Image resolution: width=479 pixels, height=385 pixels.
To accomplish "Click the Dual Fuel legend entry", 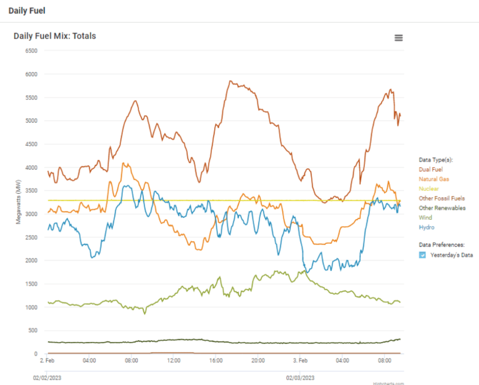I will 431,170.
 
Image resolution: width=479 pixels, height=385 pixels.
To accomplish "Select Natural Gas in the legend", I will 434,179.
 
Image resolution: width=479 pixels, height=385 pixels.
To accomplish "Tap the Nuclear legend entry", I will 429,188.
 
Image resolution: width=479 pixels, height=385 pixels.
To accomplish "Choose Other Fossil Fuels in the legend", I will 442,198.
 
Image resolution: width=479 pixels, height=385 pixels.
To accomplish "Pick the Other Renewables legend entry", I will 442,208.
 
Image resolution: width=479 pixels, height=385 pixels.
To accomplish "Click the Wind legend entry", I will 426,218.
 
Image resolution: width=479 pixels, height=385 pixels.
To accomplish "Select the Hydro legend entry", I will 427,227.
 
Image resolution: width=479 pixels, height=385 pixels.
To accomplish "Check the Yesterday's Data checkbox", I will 423,255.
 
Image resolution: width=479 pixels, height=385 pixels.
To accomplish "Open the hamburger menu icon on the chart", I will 399,38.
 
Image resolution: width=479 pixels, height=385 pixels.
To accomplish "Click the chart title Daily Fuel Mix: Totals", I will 55,36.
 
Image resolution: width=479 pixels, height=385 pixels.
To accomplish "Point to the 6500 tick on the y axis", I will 31,51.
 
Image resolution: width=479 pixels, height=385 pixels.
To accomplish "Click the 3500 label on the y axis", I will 31,191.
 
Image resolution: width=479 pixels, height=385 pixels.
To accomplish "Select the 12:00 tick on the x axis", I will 174,361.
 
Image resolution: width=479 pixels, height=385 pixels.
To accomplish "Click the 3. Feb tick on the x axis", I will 300,361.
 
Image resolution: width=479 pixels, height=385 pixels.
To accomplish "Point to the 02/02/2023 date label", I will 47,378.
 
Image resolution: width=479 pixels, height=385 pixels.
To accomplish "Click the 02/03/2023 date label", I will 300,378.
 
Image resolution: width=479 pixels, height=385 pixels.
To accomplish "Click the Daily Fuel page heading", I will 27,10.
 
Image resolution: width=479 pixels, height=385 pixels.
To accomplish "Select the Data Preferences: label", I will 442,245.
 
